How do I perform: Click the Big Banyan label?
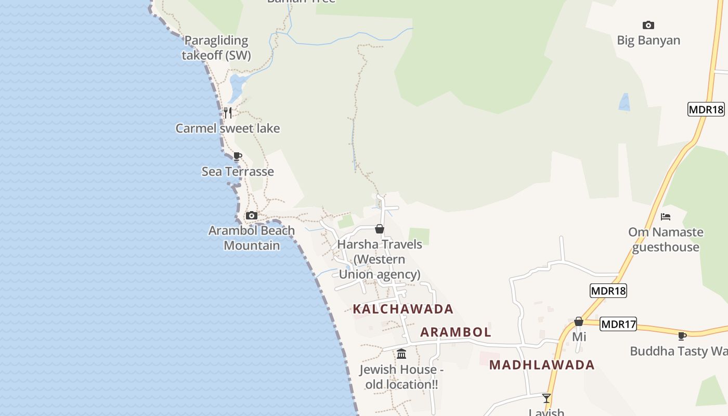pos(648,40)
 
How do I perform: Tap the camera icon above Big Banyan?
pos(648,25)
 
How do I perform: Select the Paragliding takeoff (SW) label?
pos(216,47)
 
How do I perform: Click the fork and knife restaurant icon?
pos(227,112)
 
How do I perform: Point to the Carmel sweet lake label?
pos(228,128)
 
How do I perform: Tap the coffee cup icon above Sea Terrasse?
pos(238,156)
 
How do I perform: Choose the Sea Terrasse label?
pos(238,171)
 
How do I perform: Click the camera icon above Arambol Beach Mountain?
pos(251,215)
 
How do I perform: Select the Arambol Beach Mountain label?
pos(252,238)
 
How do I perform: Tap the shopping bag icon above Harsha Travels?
pos(380,229)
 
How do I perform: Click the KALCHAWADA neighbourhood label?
pos(403,309)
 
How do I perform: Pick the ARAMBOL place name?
pos(456,332)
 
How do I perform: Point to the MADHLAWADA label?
pos(542,365)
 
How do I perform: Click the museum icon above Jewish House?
pos(401,354)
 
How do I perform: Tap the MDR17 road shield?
pos(618,324)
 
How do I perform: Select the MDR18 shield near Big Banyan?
pos(706,109)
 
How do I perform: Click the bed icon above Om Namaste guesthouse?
pos(666,216)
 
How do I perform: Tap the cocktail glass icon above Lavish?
pos(547,398)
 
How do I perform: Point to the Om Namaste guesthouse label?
pos(666,239)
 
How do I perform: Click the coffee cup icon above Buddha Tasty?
pos(682,336)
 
